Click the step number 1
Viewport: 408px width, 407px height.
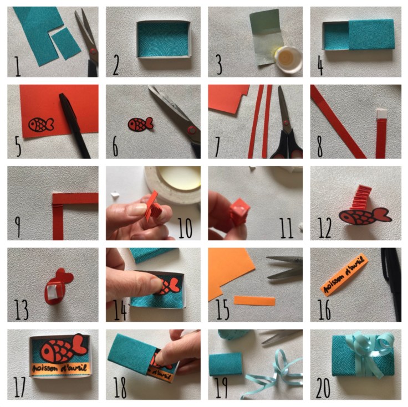click(x=17, y=66)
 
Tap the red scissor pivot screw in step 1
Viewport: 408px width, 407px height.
click(x=93, y=51)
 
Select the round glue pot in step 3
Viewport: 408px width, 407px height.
click(x=288, y=59)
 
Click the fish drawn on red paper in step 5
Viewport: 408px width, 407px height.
click(x=41, y=125)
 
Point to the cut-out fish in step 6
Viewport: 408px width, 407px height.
click(x=140, y=124)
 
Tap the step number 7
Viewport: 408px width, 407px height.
click(x=217, y=147)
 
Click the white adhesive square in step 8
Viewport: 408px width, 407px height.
click(x=382, y=114)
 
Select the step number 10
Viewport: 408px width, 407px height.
click(x=185, y=228)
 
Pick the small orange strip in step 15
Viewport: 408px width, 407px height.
click(x=254, y=301)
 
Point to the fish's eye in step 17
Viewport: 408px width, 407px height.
click(x=47, y=351)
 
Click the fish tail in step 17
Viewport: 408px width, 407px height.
click(x=79, y=345)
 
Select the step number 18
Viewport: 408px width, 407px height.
click(x=120, y=388)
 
